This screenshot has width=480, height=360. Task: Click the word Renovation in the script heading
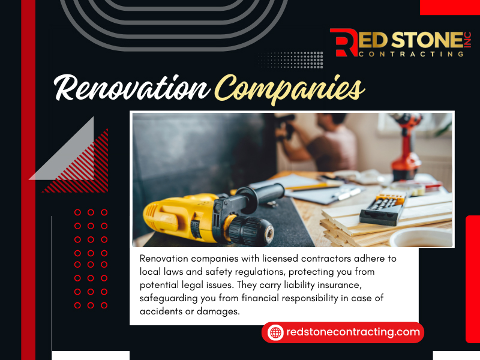point(132,88)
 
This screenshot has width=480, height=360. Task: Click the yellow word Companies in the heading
point(290,89)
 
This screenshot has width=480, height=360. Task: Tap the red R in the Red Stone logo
point(343,43)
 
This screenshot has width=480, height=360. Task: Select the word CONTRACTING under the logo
point(411,54)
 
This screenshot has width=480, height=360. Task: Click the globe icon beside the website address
point(275,332)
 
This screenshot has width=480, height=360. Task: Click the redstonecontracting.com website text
point(353,332)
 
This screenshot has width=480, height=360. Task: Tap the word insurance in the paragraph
point(340,285)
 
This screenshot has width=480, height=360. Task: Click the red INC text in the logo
point(467,40)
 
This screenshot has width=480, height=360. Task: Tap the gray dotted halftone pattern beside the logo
point(290,59)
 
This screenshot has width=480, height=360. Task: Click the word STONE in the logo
point(427,40)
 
